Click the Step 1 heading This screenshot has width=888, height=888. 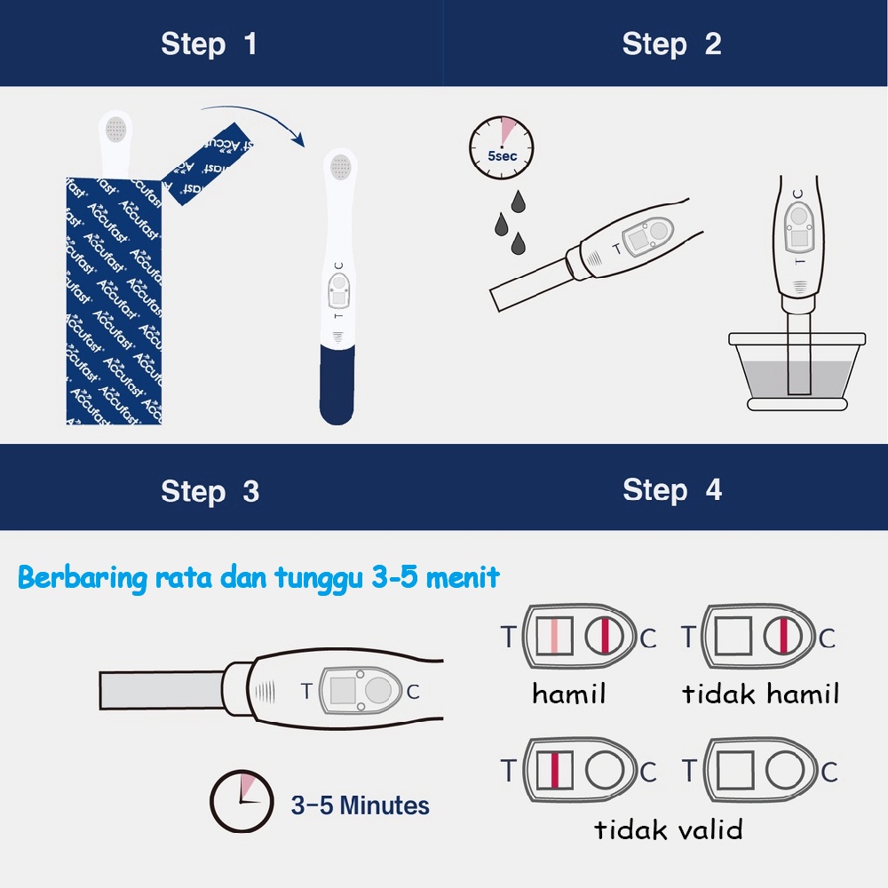(x=209, y=44)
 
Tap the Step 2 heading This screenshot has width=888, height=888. (x=671, y=44)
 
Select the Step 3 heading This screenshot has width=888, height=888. (x=210, y=492)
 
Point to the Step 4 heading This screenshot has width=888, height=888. (x=672, y=490)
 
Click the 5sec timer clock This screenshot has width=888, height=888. (x=501, y=148)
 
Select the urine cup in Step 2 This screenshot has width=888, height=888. (x=797, y=371)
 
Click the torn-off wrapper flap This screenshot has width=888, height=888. (x=207, y=164)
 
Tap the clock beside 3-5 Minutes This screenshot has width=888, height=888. (x=242, y=801)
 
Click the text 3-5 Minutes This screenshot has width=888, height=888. (x=361, y=805)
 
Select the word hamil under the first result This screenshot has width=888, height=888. (x=568, y=694)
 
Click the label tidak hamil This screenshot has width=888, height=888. (x=761, y=694)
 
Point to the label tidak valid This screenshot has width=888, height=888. (x=669, y=829)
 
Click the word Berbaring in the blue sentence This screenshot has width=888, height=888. (x=82, y=579)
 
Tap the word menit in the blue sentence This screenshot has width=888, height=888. (x=463, y=578)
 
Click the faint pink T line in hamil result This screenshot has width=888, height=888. (x=554, y=636)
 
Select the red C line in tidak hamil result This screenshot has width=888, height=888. (x=784, y=636)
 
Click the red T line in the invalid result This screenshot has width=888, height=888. (x=554, y=770)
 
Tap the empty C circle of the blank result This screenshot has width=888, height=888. (x=785, y=770)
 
